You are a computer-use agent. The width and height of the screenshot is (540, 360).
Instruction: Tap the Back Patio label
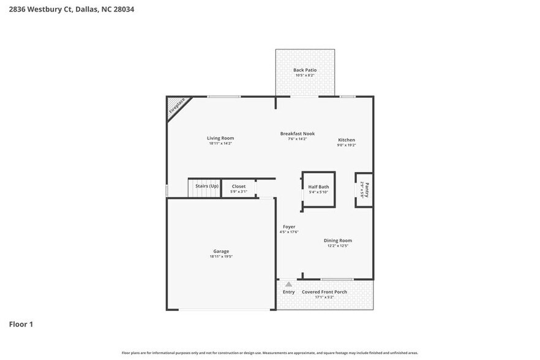pos(304,70)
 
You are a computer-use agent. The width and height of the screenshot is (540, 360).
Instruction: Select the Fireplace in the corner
pos(176,106)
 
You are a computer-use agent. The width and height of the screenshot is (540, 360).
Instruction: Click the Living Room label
pos(220,138)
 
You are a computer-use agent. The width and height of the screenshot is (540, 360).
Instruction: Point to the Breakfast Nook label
pos(297,133)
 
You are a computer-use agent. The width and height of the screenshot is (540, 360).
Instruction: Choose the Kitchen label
pos(346,140)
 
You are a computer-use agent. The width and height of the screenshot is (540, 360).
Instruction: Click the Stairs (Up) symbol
pos(204,189)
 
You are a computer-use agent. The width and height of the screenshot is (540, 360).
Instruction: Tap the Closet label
pos(238,186)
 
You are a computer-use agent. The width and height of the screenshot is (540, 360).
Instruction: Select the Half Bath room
pos(318,189)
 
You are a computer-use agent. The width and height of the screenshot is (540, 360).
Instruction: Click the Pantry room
pos(364,190)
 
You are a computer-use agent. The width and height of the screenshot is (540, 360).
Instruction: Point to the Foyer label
pos(289,227)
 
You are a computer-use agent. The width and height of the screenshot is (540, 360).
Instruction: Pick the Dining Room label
pos(338,241)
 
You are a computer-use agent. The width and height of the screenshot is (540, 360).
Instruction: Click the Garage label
pos(221,251)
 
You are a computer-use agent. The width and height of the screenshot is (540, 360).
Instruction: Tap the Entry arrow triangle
pos(288,284)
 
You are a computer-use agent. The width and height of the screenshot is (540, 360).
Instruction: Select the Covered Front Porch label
pos(324,292)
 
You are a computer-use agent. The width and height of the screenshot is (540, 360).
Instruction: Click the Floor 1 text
pos(21,324)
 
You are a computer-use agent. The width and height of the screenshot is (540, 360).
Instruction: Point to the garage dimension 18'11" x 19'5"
pos(221,257)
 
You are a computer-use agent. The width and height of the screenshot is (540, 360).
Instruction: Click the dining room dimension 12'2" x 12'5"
pos(338,246)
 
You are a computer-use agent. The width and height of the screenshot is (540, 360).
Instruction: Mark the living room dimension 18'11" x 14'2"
pos(220,144)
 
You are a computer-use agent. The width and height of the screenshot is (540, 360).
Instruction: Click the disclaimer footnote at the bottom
pos(269,353)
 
